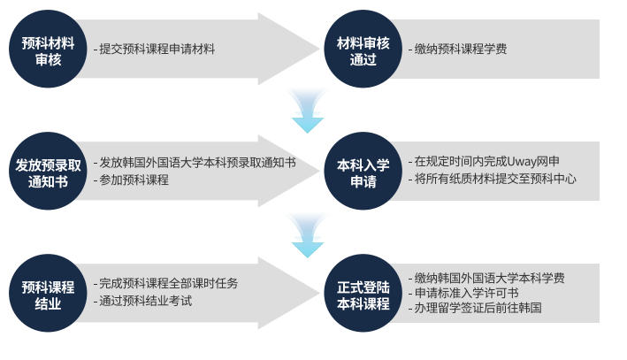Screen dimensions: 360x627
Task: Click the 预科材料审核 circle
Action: (49, 50)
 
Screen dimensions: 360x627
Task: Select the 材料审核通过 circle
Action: (363, 50)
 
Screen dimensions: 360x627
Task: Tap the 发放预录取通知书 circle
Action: (49, 172)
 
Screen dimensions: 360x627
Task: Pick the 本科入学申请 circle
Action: (363, 172)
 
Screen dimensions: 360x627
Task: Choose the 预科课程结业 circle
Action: (49, 295)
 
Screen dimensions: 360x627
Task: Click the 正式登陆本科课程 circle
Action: (363, 295)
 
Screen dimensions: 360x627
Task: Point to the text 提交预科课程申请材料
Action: (157, 50)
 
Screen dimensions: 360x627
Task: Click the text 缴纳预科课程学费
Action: (460, 50)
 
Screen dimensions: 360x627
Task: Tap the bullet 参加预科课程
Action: (133, 180)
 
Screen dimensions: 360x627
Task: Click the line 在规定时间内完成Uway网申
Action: (486, 162)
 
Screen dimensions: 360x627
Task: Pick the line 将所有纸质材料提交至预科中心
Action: (494, 180)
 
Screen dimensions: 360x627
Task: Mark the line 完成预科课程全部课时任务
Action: (168, 284)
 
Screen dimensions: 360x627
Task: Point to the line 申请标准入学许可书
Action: (465, 293)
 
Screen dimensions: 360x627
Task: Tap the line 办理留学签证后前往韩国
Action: (477, 309)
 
